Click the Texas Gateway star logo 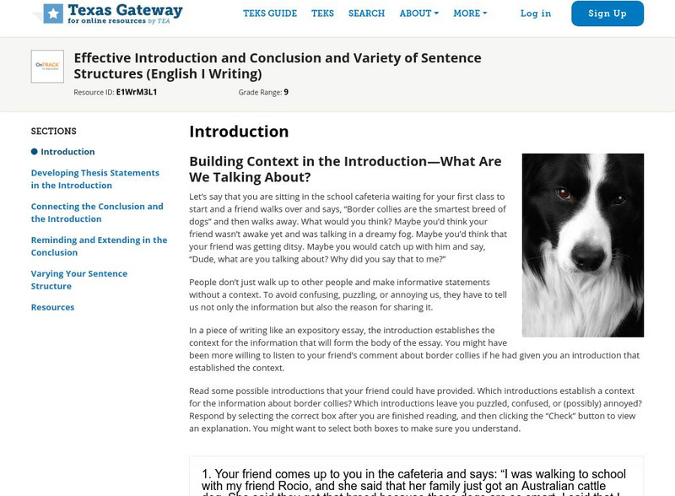pyautogui.click(x=53, y=13)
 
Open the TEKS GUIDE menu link pyautogui.click(x=270, y=13)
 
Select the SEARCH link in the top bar pyautogui.click(x=366, y=13)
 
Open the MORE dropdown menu pyautogui.click(x=470, y=13)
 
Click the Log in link pyautogui.click(x=536, y=13)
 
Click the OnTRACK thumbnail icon pyautogui.click(x=47, y=67)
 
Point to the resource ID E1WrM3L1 pyautogui.click(x=137, y=92)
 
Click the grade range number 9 pyautogui.click(x=286, y=92)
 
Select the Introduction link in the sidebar pyautogui.click(x=67, y=152)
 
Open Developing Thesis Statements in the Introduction pyautogui.click(x=94, y=179)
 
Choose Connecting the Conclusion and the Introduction pyautogui.click(x=97, y=213)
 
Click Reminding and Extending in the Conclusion pyautogui.click(x=99, y=246)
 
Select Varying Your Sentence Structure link pyautogui.click(x=79, y=280)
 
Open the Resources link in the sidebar pyautogui.click(x=52, y=307)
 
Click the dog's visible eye pyautogui.click(x=563, y=194)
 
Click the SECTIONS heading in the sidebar pyautogui.click(x=53, y=132)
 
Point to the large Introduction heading pyautogui.click(x=239, y=132)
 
